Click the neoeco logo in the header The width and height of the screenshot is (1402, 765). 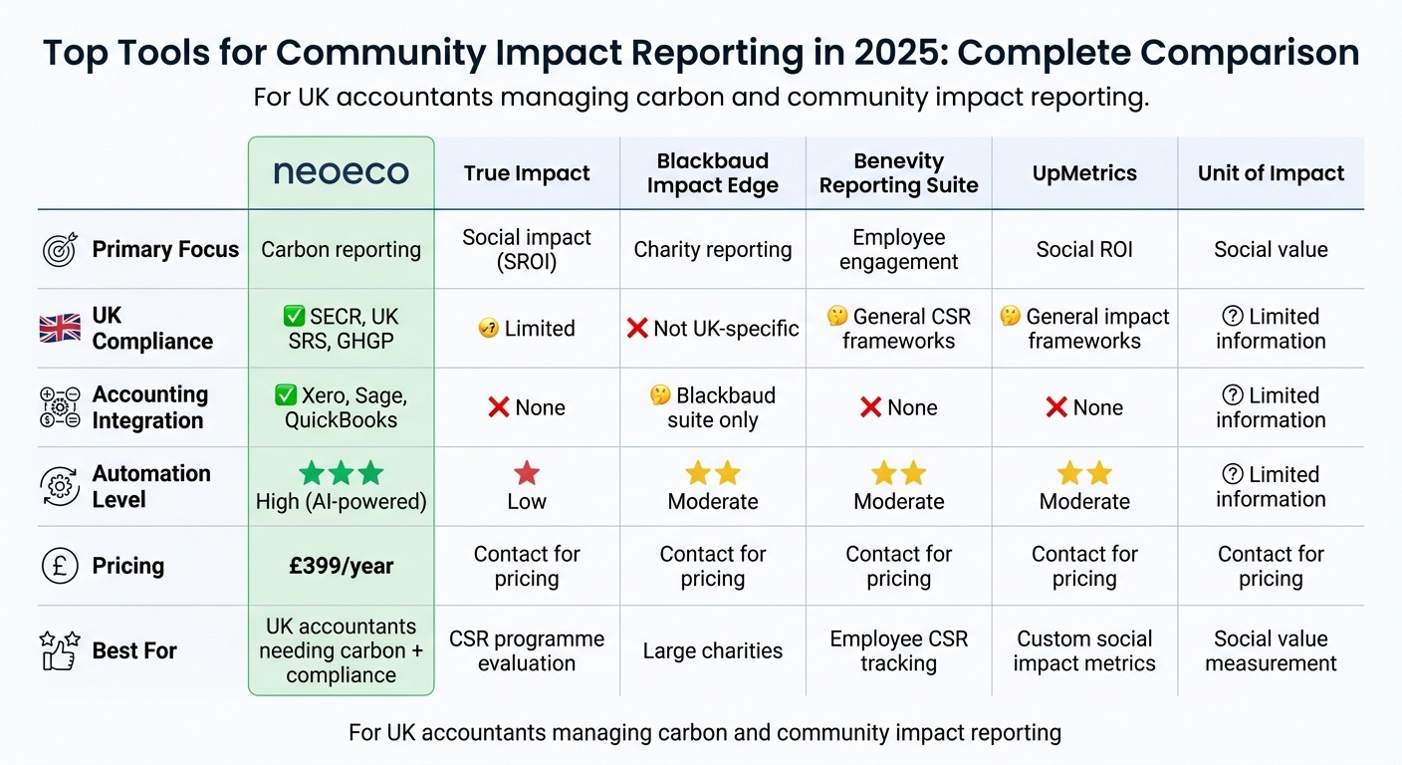pyautogui.click(x=341, y=172)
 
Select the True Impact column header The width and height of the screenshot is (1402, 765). pyautogui.click(x=527, y=173)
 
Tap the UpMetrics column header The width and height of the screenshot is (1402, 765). pyautogui.click(x=1084, y=173)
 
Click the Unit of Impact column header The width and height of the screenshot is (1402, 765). pyautogui.click(x=1271, y=173)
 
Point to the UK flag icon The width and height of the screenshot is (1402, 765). pyautogui.click(x=60, y=328)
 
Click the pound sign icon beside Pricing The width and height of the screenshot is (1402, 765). pyautogui.click(x=60, y=566)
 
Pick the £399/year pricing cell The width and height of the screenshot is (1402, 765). pyautogui.click(x=341, y=566)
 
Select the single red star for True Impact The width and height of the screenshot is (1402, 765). pyautogui.click(x=527, y=473)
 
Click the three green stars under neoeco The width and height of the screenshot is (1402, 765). pyautogui.click(x=341, y=473)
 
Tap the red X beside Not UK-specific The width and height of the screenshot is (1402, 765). pyautogui.click(x=637, y=328)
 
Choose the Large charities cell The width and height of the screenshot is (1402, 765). pyautogui.click(x=713, y=651)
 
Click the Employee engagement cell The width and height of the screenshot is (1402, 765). pyautogui.click(x=898, y=250)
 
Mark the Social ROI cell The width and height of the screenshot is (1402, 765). pyautogui.click(x=1084, y=250)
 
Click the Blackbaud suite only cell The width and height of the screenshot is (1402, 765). pyautogui.click(x=713, y=407)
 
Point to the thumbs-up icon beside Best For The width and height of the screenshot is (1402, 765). pyautogui.click(x=60, y=650)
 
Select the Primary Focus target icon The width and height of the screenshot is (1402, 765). pyautogui.click(x=60, y=250)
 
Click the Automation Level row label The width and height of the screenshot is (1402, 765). pyautogui.click(x=151, y=486)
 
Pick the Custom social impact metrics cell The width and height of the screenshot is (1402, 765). pyautogui.click(x=1084, y=651)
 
